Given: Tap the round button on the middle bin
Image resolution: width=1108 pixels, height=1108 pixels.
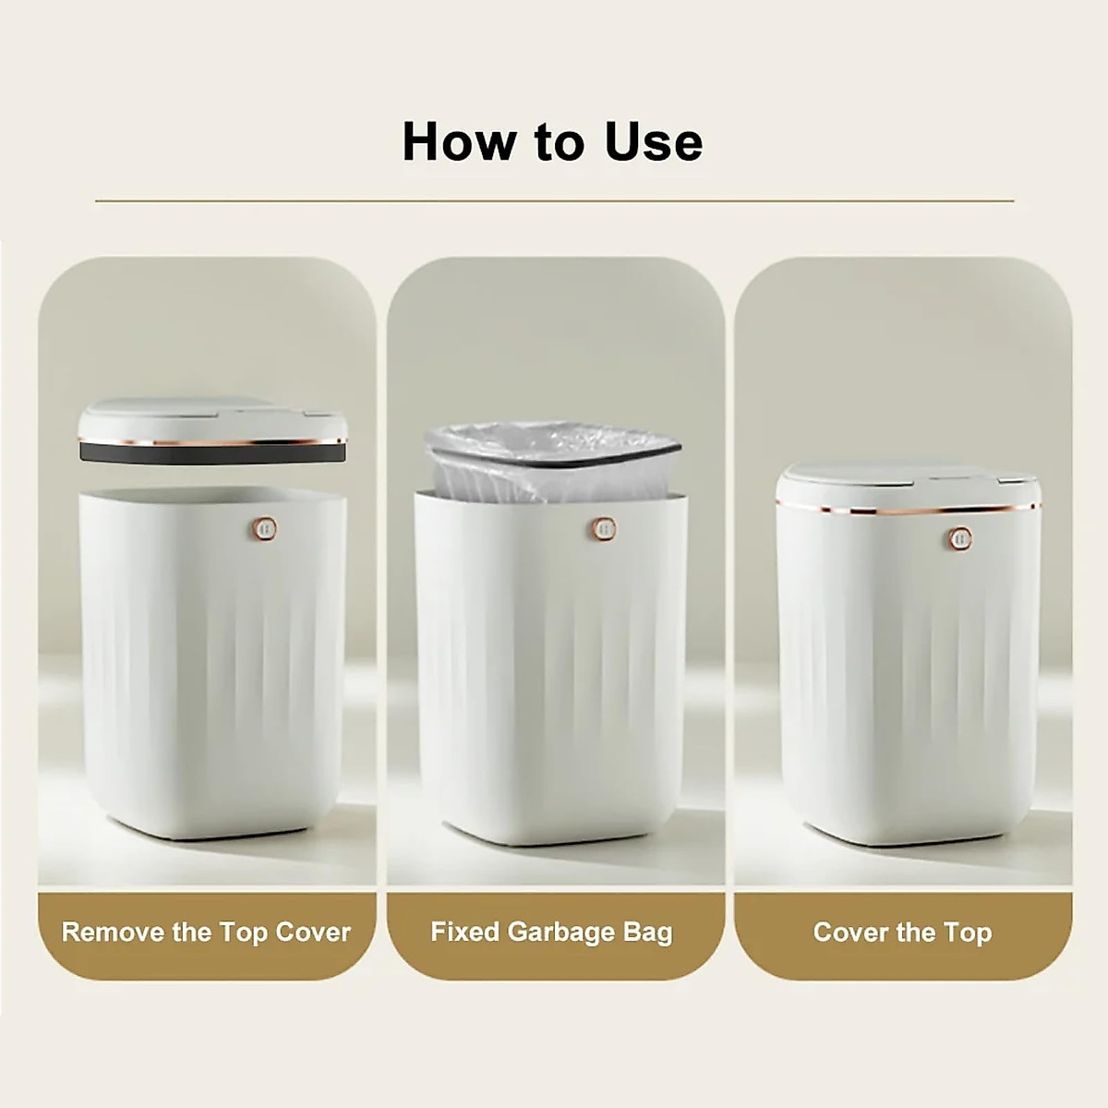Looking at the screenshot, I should [x=604, y=529].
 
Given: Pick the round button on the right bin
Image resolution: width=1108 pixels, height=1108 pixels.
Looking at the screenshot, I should [x=958, y=538].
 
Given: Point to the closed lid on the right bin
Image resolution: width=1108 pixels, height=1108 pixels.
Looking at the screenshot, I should [x=909, y=485].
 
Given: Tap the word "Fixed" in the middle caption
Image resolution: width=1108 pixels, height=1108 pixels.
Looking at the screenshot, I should [x=464, y=932].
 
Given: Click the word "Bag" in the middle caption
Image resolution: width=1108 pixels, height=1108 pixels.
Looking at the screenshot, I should [x=647, y=932].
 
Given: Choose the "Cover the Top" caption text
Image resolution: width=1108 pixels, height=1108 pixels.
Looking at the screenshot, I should [x=902, y=933].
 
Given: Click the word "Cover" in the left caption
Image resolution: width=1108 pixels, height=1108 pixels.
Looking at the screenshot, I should [x=312, y=932].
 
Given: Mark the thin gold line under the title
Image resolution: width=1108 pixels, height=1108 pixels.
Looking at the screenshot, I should [x=554, y=200].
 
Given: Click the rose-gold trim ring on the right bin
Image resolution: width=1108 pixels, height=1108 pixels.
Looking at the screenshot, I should [x=909, y=509].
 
